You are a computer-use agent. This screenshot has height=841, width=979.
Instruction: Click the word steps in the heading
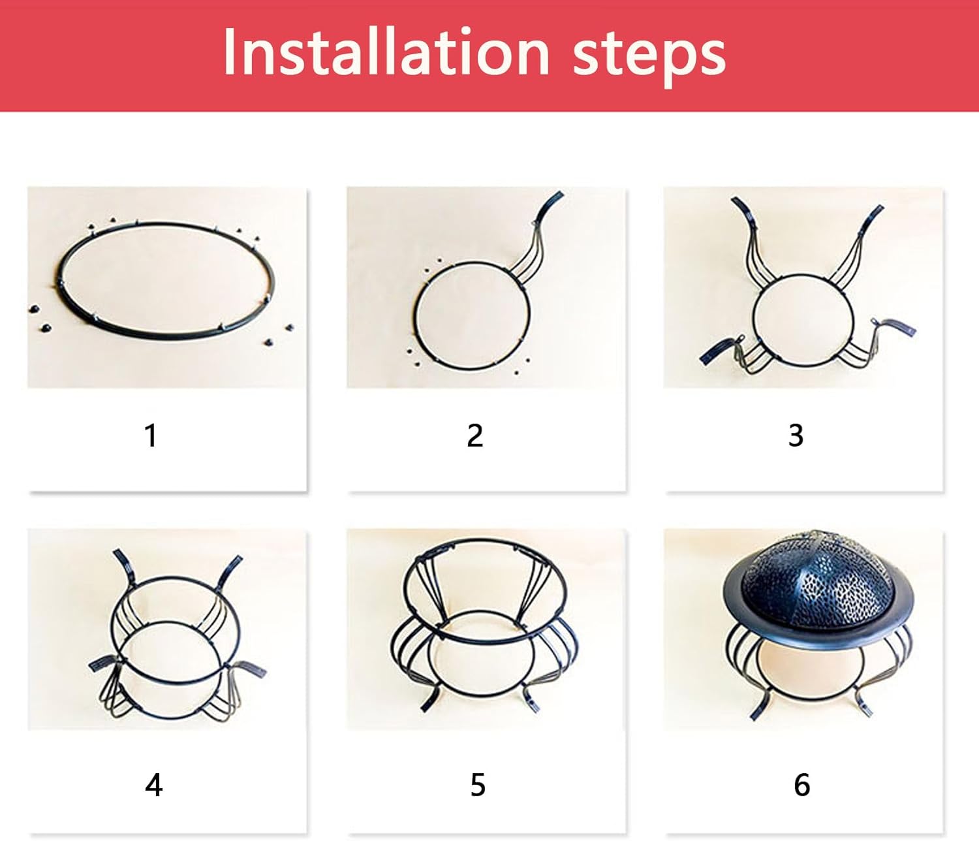pos(649,57)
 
